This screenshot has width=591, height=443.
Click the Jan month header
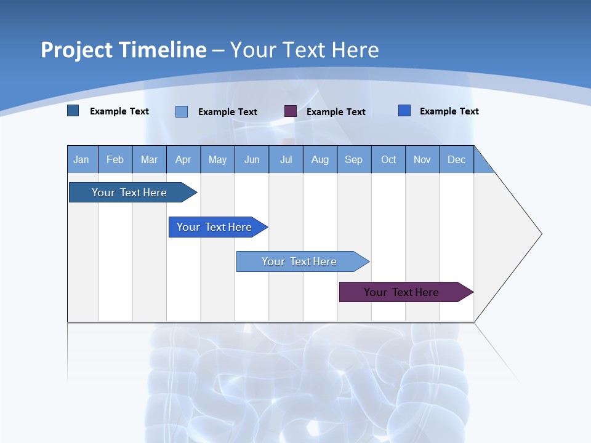[x=82, y=159]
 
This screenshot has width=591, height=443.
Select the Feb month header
[x=115, y=159]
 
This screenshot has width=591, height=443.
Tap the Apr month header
[x=183, y=159]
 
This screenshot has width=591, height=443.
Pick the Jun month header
[x=252, y=159]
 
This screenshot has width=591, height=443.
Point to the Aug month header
[x=320, y=159]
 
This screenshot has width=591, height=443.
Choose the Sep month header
[x=354, y=159]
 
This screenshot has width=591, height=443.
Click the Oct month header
[x=388, y=159]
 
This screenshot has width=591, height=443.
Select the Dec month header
[x=457, y=159]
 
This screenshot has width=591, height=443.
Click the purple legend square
[x=291, y=111]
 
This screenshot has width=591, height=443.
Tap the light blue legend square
[x=182, y=111]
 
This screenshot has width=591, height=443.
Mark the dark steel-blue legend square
[x=73, y=111]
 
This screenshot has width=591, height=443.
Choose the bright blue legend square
[x=404, y=111]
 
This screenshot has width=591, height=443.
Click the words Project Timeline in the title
[x=124, y=50]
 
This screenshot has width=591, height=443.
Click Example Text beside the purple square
[x=336, y=112]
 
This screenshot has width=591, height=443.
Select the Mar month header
[x=149, y=159]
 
